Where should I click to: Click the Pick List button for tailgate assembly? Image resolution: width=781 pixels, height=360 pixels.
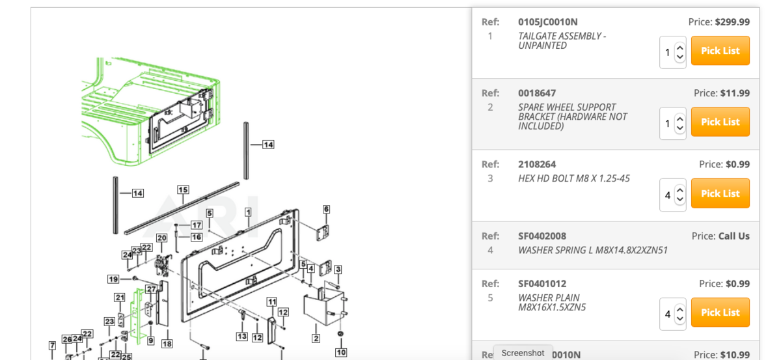[720, 51]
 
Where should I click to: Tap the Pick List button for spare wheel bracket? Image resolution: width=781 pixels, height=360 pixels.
[720, 122]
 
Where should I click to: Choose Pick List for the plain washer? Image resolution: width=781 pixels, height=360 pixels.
[720, 312]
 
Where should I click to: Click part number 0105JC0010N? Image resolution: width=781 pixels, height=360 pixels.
[547, 22]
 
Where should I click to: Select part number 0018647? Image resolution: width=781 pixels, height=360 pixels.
[537, 93]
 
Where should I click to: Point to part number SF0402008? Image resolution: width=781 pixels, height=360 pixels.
[541, 236]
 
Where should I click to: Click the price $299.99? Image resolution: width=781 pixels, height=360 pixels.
[732, 22]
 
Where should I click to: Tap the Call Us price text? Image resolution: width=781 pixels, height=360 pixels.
[733, 236]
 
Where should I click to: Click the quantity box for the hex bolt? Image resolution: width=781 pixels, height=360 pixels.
[672, 195]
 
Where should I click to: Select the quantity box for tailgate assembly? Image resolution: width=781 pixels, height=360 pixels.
[672, 52]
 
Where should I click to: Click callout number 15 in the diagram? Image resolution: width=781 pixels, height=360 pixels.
[183, 190]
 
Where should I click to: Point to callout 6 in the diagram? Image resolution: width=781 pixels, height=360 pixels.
[326, 209]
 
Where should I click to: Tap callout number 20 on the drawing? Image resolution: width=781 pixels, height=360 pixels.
[161, 238]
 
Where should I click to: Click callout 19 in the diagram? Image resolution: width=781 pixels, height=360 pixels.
[113, 279]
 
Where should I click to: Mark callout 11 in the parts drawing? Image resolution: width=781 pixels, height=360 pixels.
[271, 301]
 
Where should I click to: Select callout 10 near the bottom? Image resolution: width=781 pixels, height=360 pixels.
[340, 352]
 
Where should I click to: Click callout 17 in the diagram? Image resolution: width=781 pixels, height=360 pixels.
[196, 225]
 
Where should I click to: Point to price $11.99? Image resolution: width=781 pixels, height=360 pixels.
[735, 93]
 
